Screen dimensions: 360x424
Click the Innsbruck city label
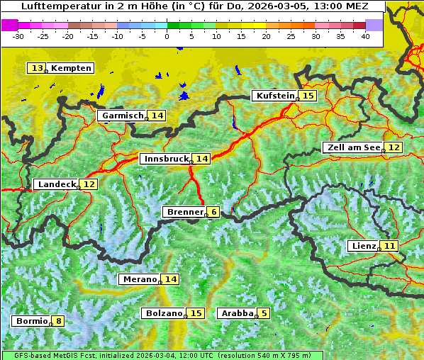[x=166, y=159]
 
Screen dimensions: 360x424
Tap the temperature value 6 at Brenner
[x=213, y=212]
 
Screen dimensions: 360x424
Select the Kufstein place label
[x=274, y=96]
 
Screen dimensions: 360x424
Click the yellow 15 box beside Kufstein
[x=308, y=96]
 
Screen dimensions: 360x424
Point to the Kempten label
[x=71, y=68]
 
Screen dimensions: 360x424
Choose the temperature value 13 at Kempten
[x=37, y=68]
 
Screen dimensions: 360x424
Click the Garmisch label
[x=122, y=116]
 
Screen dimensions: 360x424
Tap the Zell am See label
[x=352, y=147]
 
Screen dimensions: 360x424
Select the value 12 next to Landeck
[x=89, y=184]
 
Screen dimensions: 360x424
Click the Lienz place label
[x=362, y=246]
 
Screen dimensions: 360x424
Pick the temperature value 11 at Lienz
[x=390, y=246]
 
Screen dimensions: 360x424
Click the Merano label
[x=138, y=279]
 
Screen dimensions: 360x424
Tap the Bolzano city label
[x=163, y=313]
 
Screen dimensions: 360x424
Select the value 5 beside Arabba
[x=264, y=313]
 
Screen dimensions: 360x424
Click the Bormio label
[x=31, y=321]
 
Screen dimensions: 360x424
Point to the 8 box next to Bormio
[x=58, y=321]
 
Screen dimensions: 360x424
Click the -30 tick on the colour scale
[x=18, y=35]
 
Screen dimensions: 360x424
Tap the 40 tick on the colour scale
[x=365, y=35]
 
